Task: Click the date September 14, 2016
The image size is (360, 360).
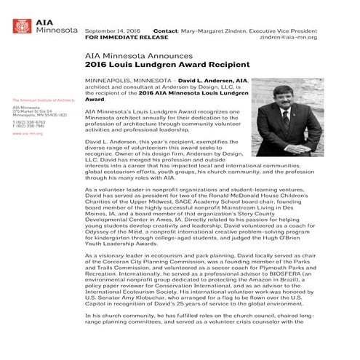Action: (x=113, y=31)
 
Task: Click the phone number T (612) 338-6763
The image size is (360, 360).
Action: (x=28, y=121)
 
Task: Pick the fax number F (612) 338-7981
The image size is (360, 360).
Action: (x=28, y=126)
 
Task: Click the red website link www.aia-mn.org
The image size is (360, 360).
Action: (x=27, y=134)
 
